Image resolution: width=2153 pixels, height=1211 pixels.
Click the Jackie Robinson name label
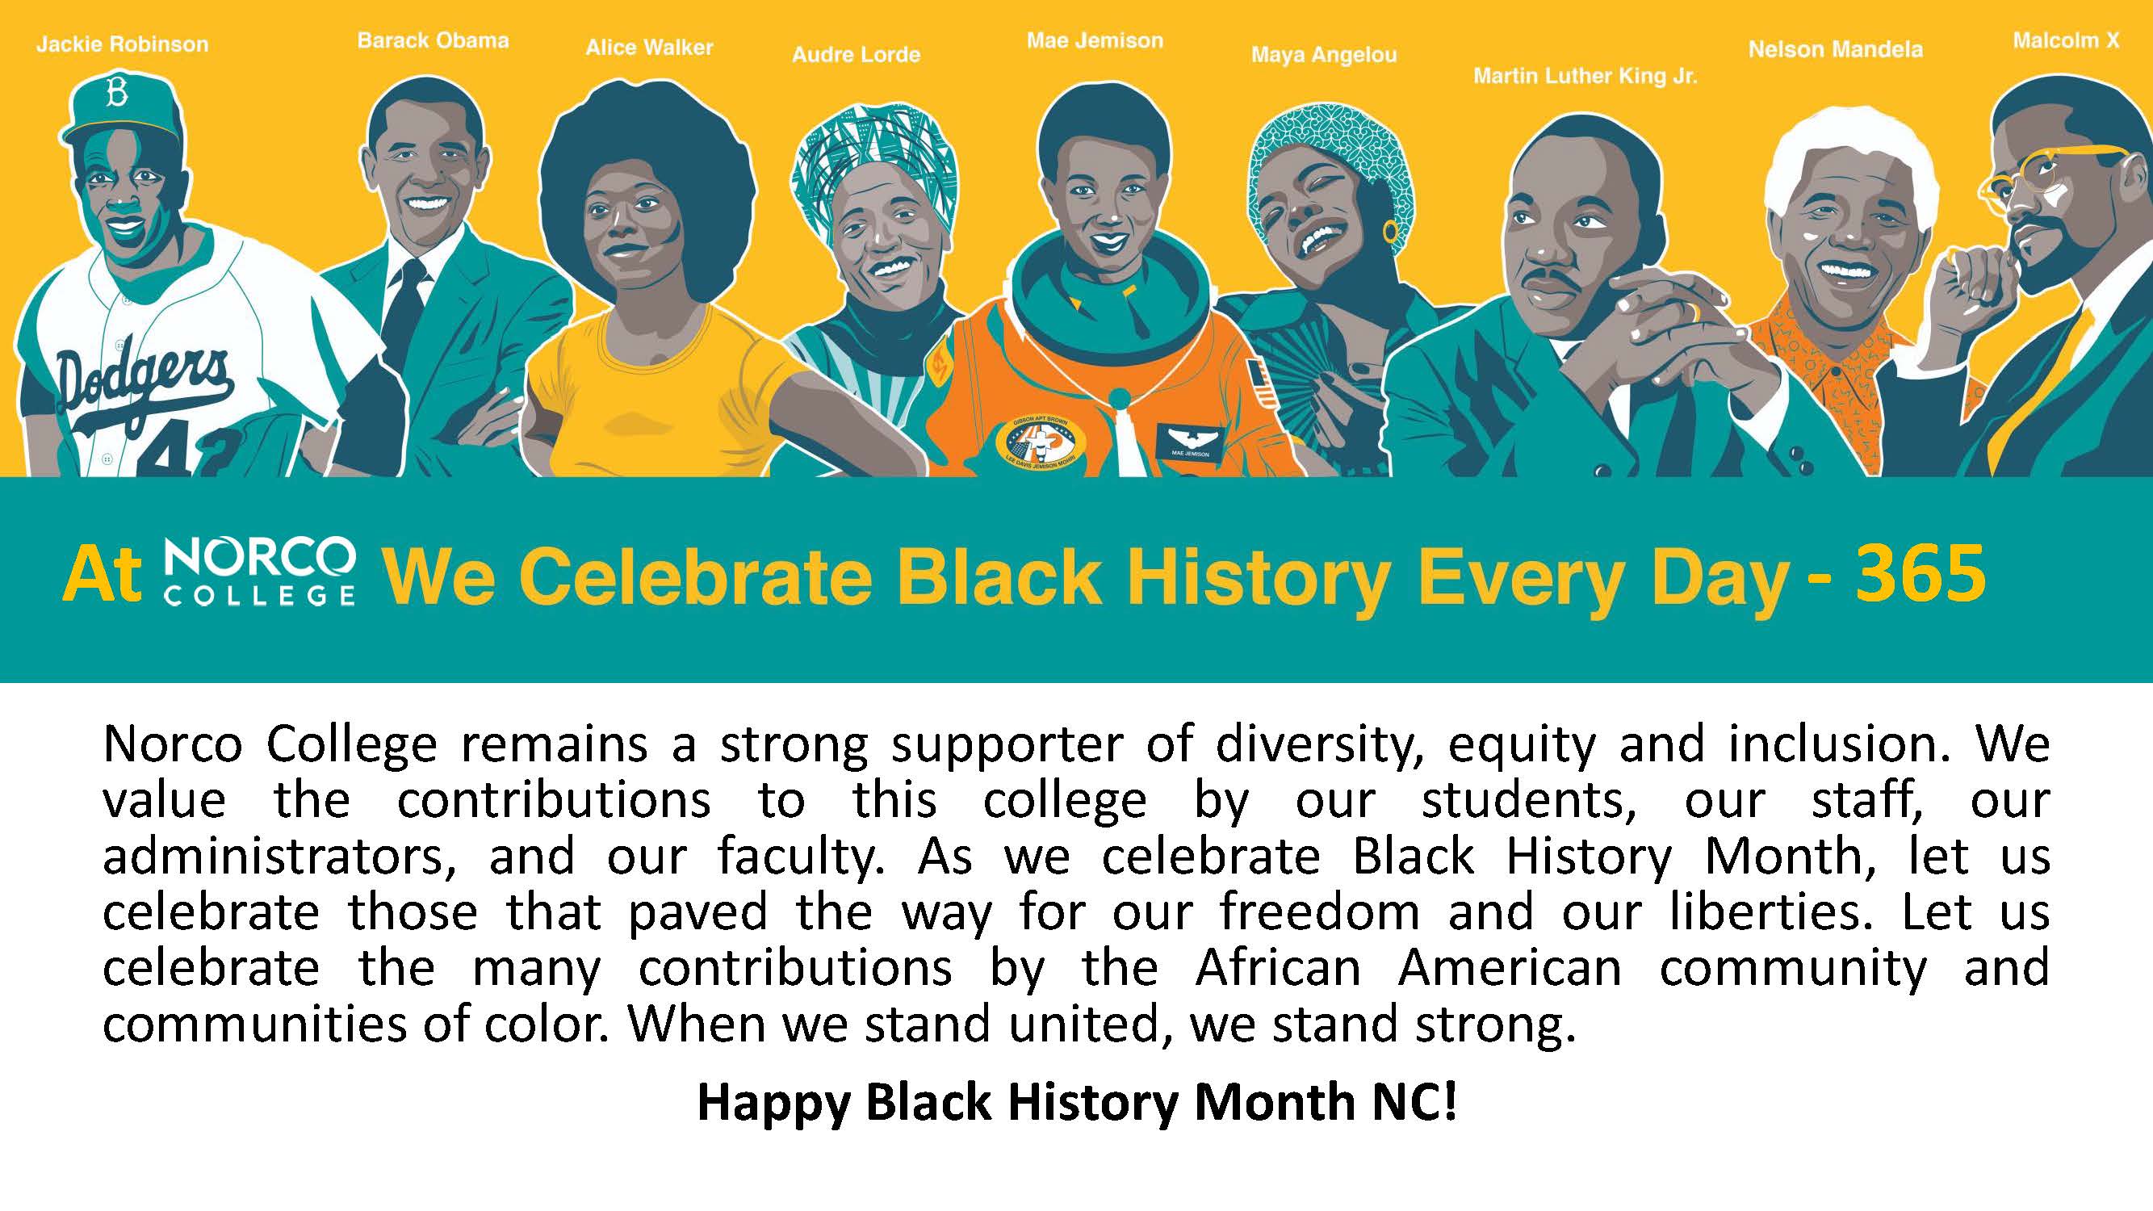click(122, 44)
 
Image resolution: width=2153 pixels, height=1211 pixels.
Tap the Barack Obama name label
click(433, 41)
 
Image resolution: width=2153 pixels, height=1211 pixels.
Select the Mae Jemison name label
click(1095, 40)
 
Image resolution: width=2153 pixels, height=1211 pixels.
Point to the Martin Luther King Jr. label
click(1585, 77)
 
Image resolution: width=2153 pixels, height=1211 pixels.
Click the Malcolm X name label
click(2066, 41)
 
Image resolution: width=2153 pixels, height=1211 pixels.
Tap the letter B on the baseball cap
click(116, 94)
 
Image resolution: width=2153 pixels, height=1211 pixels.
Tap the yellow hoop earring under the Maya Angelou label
click(1391, 229)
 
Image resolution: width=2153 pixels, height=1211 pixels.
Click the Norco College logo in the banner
click(260, 572)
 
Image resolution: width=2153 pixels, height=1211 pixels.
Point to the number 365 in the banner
click(1920, 573)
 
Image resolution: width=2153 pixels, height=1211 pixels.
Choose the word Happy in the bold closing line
click(773, 1104)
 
